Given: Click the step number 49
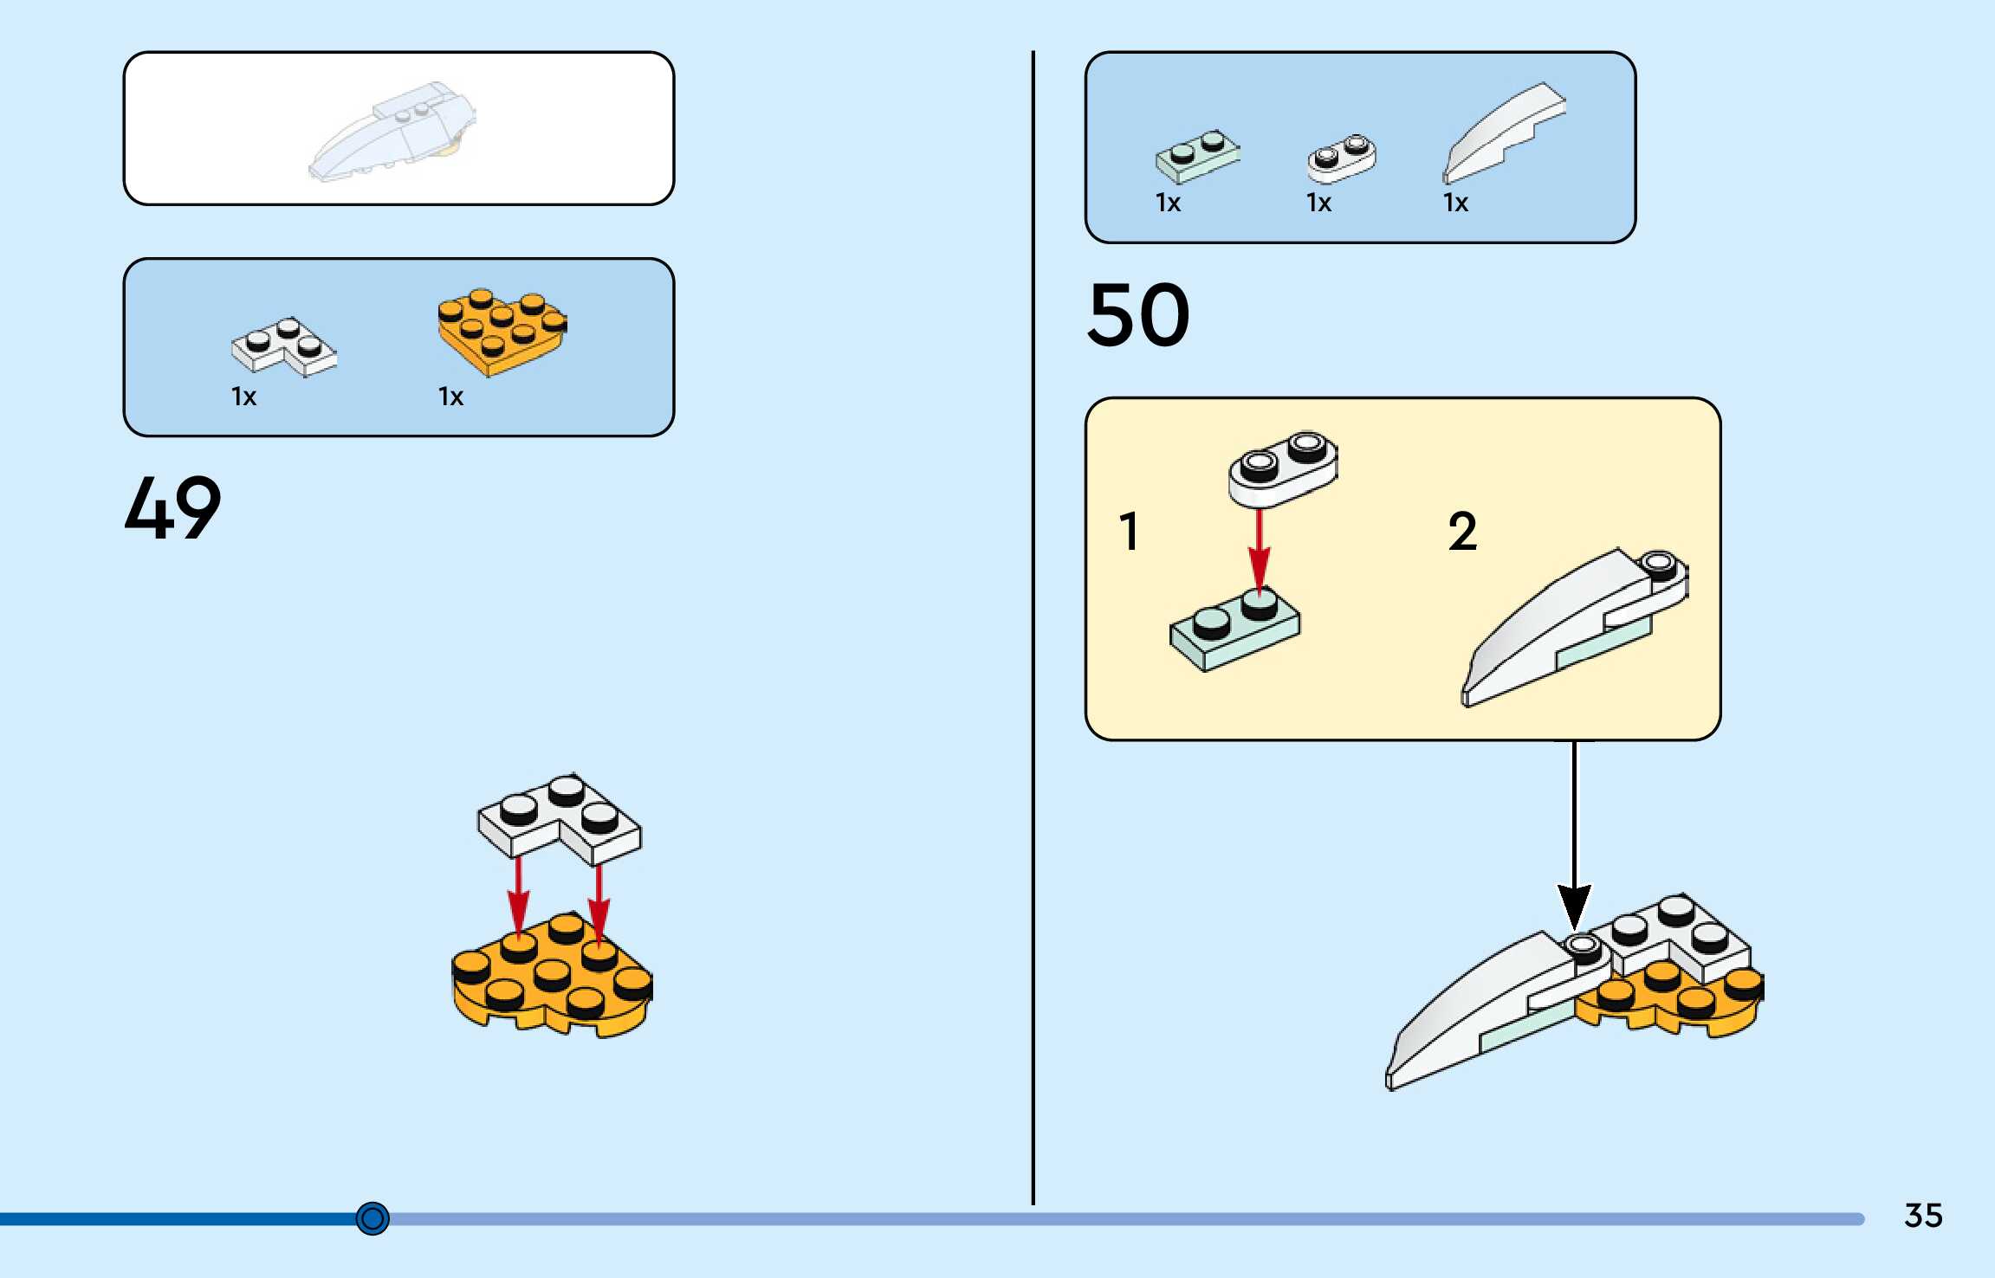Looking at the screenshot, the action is tap(172, 508).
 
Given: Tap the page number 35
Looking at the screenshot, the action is tap(1923, 1216).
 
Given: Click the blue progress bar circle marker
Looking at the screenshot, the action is tap(372, 1218).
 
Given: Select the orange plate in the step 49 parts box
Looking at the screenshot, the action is tap(502, 332).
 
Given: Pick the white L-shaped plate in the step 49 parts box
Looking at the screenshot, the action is tap(283, 346).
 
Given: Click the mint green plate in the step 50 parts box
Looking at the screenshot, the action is tap(1197, 157).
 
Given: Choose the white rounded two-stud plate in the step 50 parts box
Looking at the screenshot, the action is tap(1341, 158).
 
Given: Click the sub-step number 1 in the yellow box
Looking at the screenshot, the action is tap(1128, 531).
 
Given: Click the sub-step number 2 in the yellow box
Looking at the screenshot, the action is tap(1462, 531).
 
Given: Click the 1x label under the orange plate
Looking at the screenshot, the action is tap(450, 397).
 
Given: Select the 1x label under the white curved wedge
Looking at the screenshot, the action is tap(1455, 203).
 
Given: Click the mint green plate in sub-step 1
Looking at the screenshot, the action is tap(1234, 630).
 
